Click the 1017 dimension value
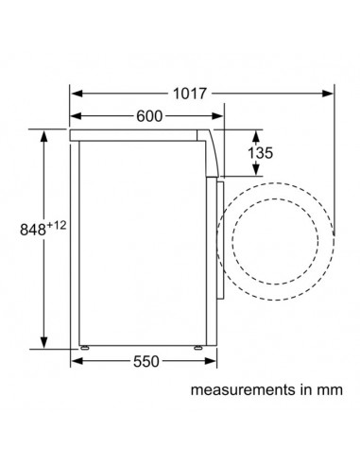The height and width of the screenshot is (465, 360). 190,94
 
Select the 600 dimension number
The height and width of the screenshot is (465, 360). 149,116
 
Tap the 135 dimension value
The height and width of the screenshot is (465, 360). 260,153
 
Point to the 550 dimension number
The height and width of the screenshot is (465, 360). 146,361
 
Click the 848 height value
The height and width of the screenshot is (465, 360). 33,230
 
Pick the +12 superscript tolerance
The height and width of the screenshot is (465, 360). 57,225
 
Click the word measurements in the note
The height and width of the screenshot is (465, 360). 243,389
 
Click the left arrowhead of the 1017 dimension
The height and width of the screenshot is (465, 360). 77,94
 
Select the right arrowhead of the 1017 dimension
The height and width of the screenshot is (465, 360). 327,94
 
